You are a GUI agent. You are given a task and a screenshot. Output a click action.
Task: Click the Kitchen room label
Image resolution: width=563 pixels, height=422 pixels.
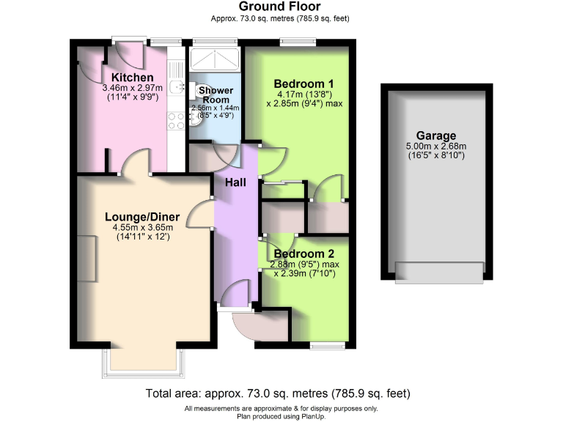click(132, 78)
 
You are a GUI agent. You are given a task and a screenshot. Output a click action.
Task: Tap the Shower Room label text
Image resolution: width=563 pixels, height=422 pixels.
click(217, 95)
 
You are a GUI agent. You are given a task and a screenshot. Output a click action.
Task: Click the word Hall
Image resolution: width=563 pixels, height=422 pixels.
click(235, 182)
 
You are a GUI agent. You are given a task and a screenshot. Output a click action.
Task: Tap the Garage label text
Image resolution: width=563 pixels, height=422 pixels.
click(436, 136)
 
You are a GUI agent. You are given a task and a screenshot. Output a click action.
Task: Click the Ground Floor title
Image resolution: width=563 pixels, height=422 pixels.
click(279, 7)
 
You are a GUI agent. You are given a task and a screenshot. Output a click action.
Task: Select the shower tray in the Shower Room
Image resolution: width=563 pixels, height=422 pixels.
click(214, 59)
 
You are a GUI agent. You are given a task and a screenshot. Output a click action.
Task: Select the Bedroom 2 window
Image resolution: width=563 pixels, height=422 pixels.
click(326, 344)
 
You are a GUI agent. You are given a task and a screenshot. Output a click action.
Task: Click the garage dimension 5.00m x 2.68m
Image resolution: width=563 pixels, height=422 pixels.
click(436, 147)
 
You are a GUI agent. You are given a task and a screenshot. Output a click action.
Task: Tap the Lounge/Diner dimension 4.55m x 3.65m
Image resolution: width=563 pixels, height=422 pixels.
click(138, 227)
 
